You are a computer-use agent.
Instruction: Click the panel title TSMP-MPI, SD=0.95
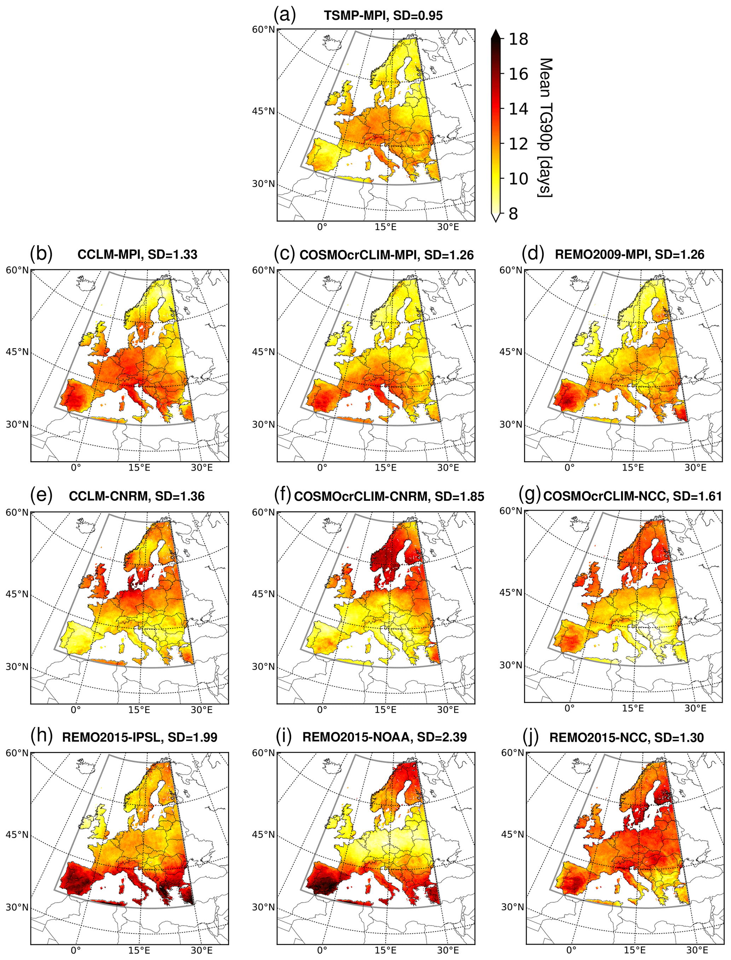click(383, 16)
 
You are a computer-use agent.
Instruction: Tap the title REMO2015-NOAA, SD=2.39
click(385, 737)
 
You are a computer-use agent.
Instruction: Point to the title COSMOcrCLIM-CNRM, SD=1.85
click(389, 496)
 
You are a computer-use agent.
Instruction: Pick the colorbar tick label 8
click(514, 214)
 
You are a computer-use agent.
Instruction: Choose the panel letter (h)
click(41, 736)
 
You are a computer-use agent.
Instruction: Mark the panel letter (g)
click(529, 495)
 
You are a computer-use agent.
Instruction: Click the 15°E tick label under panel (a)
click(385, 227)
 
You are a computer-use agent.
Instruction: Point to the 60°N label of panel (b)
click(17, 270)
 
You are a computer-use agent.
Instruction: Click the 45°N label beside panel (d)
click(510, 352)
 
